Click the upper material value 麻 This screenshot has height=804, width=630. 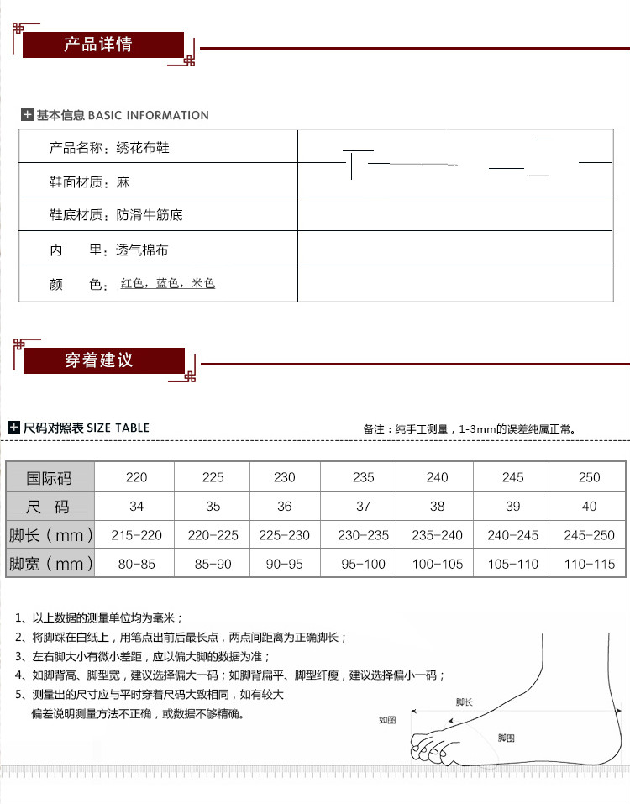tap(123, 182)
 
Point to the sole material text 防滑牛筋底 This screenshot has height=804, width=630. tap(149, 216)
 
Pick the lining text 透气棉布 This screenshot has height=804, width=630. tap(142, 250)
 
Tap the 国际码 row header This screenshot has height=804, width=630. tap(50, 478)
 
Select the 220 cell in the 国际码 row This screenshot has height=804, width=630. tap(136, 477)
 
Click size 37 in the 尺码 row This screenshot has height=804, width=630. tap(363, 507)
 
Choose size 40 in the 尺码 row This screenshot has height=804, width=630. tap(589, 507)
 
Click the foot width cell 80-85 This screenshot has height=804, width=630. tap(136, 564)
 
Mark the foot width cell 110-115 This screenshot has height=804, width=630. tap(589, 564)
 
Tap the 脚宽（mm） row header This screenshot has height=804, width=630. tap(50, 564)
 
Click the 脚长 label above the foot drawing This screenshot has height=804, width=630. tap(464, 702)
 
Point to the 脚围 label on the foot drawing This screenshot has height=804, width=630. tap(506, 738)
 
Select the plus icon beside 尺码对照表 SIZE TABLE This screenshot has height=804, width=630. tap(13, 428)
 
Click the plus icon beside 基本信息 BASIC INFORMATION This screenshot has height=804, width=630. tap(27, 115)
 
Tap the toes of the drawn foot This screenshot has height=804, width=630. tap(428, 747)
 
